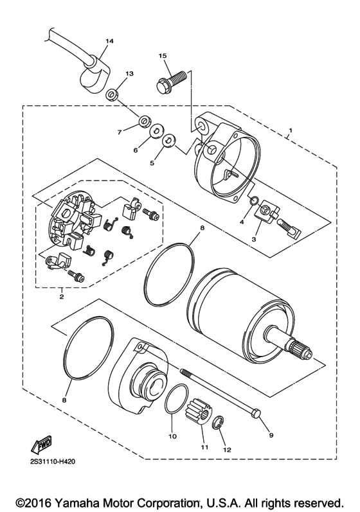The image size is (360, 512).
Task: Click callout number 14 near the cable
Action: click(x=109, y=41)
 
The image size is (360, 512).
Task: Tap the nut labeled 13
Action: click(x=113, y=95)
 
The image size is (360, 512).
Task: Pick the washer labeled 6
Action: click(x=155, y=133)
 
